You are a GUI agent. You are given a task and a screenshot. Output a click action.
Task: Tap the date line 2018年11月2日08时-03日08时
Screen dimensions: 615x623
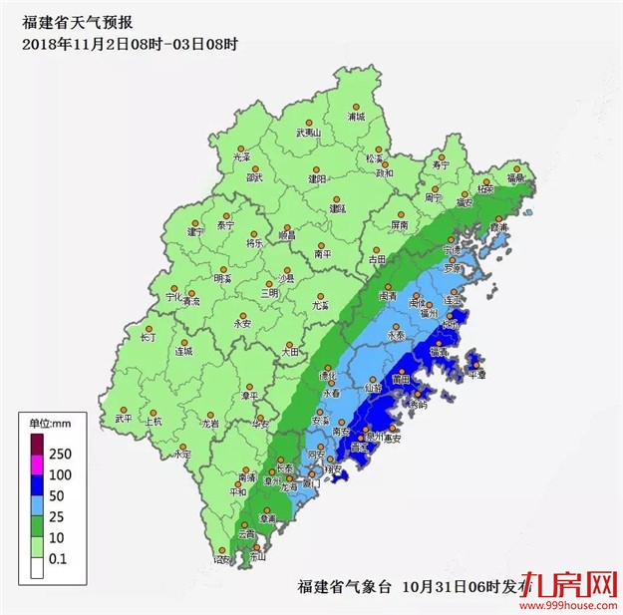click(131, 45)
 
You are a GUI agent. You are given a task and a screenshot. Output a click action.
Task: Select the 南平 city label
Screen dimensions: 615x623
click(323, 254)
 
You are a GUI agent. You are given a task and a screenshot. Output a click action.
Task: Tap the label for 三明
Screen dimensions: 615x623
click(270, 293)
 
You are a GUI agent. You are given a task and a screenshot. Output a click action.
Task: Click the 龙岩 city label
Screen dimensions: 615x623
click(209, 424)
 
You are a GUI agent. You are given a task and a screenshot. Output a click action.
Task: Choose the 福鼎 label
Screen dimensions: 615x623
click(517, 178)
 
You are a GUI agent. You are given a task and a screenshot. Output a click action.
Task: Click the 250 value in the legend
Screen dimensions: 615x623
click(62, 455)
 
